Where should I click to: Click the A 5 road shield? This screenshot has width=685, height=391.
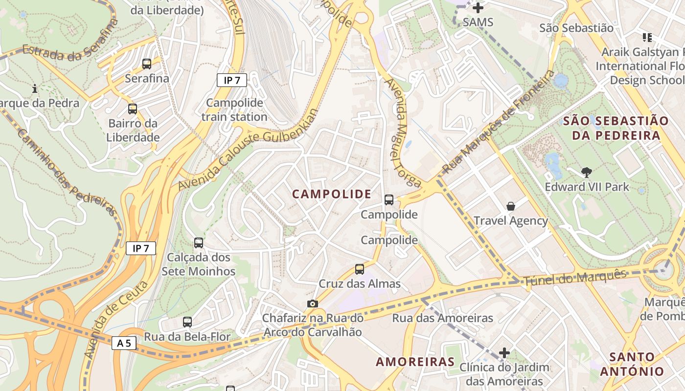pos(124,343)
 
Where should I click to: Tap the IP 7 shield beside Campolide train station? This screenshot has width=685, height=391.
pos(231,80)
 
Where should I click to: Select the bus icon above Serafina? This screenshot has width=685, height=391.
pos(147,64)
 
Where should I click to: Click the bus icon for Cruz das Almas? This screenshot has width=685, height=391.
pos(360,269)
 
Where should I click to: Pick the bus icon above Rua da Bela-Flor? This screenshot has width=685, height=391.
pos(187,322)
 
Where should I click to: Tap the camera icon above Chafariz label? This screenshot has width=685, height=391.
pos(313,304)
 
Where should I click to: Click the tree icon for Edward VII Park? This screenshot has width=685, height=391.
pos(587,172)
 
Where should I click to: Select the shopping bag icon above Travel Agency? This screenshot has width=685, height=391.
pos(511,206)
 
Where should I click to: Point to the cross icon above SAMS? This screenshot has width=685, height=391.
pos(478,8)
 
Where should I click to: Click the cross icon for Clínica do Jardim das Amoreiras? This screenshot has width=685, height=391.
pos(504,352)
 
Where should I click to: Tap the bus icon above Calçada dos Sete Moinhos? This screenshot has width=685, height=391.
pos(199,242)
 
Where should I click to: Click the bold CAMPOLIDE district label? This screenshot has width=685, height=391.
pos(332,194)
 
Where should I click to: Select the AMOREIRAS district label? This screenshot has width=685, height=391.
pos(415,362)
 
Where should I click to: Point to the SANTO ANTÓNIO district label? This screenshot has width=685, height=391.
pos(632,364)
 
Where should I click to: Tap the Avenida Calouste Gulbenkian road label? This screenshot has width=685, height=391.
pos(247,150)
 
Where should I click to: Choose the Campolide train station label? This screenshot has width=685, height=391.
pos(234,110)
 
